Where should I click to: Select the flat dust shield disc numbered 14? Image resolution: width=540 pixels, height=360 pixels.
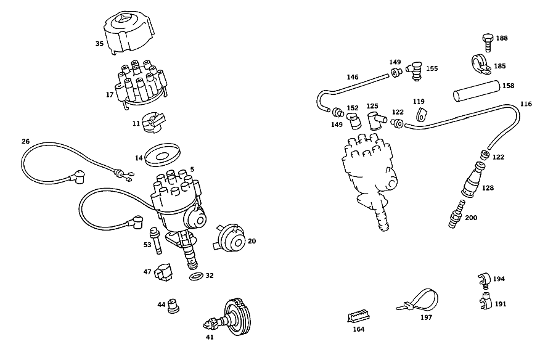pyautogui.click(x=163, y=155)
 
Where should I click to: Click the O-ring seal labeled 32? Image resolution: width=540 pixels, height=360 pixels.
pyautogui.click(x=196, y=276)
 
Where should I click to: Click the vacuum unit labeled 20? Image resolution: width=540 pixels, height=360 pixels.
pyautogui.click(x=230, y=239)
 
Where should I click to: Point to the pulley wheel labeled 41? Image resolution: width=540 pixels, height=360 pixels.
pyautogui.click(x=230, y=317)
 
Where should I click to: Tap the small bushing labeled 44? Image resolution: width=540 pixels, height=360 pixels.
pyautogui.click(x=173, y=305)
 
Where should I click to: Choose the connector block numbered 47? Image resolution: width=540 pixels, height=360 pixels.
pyautogui.click(x=163, y=272)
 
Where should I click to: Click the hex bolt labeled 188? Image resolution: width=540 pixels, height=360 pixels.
pyautogui.click(x=488, y=43)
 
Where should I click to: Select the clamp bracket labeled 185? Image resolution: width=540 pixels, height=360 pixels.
pyautogui.click(x=481, y=64)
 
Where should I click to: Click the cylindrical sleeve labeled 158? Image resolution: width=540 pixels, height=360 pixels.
pyautogui.click(x=477, y=91)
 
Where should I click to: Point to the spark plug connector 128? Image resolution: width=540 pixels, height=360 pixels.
pyautogui.click(x=473, y=179)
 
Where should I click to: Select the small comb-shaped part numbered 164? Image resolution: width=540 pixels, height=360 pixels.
pyautogui.click(x=358, y=316)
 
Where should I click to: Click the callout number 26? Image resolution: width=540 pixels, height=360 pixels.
pyautogui.click(x=25, y=141)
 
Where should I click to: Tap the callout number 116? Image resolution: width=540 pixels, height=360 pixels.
pyautogui.click(x=526, y=104)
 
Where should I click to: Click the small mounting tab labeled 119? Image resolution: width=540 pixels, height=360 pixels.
pyautogui.click(x=421, y=115)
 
